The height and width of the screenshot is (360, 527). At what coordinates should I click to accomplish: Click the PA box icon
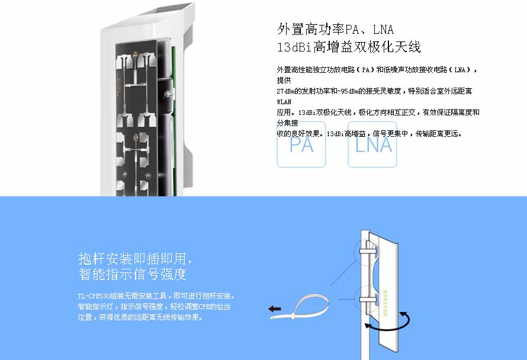(x=301, y=145)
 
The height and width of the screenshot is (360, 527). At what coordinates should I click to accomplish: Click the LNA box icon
(x=372, y=145)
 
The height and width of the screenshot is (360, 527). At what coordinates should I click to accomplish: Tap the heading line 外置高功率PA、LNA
(x=335, y=29)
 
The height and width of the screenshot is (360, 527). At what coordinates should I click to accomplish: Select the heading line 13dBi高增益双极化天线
(x=349, y=47)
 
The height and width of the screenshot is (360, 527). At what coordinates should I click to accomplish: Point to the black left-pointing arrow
(x=275, y=309)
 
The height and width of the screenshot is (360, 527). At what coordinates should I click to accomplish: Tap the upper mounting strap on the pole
(x=368, y=250)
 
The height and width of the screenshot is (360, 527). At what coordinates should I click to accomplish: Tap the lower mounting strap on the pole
(x=368, y=299)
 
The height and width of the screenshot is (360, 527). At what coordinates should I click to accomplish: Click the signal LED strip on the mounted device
(x=385, y=301)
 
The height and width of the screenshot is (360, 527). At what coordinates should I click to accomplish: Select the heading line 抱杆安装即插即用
(x=135, y=259)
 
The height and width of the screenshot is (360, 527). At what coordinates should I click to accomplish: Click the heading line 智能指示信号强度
(x=133, y=274)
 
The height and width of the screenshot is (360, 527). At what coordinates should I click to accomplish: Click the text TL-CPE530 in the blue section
(x=94, y=296)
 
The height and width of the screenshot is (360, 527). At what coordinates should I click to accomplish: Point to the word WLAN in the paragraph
(x=284, y=102)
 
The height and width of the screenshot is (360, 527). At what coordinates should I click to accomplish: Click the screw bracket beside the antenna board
(x=169, y=94)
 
